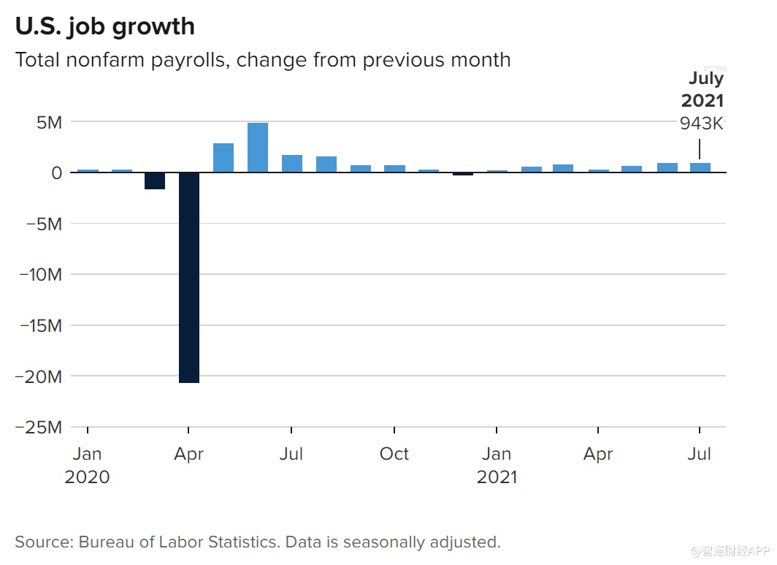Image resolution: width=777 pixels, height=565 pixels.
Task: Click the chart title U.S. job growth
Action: point(105,26)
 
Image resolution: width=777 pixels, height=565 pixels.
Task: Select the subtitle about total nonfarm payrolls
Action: point(263,59)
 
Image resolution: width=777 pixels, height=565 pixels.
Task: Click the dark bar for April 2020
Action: point(188,278)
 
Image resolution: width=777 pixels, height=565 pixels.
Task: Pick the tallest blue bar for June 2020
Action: point(258,148)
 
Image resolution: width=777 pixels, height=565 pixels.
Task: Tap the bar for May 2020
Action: point(223,158)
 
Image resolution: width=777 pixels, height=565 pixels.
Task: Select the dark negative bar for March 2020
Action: point(155,181)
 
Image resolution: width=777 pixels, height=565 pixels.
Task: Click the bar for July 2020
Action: point(292,164)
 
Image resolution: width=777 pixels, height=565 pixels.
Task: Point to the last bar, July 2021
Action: point(700,167)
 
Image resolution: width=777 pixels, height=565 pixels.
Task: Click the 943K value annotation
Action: point(701,124)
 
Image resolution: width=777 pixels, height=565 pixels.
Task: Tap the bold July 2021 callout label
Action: point(703,89)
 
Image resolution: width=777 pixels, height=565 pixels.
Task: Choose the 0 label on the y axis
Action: point(56,173)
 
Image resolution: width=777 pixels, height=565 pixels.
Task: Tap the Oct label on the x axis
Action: point(394,454)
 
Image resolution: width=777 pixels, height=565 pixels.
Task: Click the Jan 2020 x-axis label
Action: point(87,466)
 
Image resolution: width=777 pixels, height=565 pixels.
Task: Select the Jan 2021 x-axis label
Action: point(497,466)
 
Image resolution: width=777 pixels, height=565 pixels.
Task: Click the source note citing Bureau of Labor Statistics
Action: point(258,542)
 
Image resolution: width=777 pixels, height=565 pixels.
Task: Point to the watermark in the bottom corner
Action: point(730,550)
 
